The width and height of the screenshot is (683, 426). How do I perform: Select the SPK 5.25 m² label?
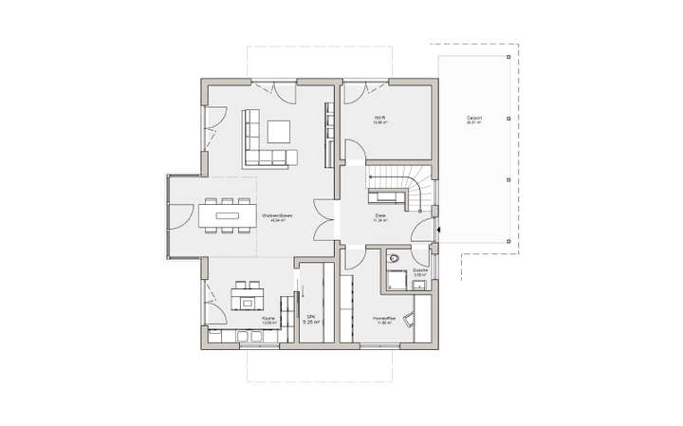(309, 321)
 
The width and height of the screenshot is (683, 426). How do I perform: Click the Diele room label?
(379, 218)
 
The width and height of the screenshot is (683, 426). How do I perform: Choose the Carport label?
(473, 120)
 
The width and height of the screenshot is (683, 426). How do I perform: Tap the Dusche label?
(421, 271)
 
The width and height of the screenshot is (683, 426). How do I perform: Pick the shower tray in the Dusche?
(396, 280)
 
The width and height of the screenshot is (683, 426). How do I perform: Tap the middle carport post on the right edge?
(510, 120)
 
